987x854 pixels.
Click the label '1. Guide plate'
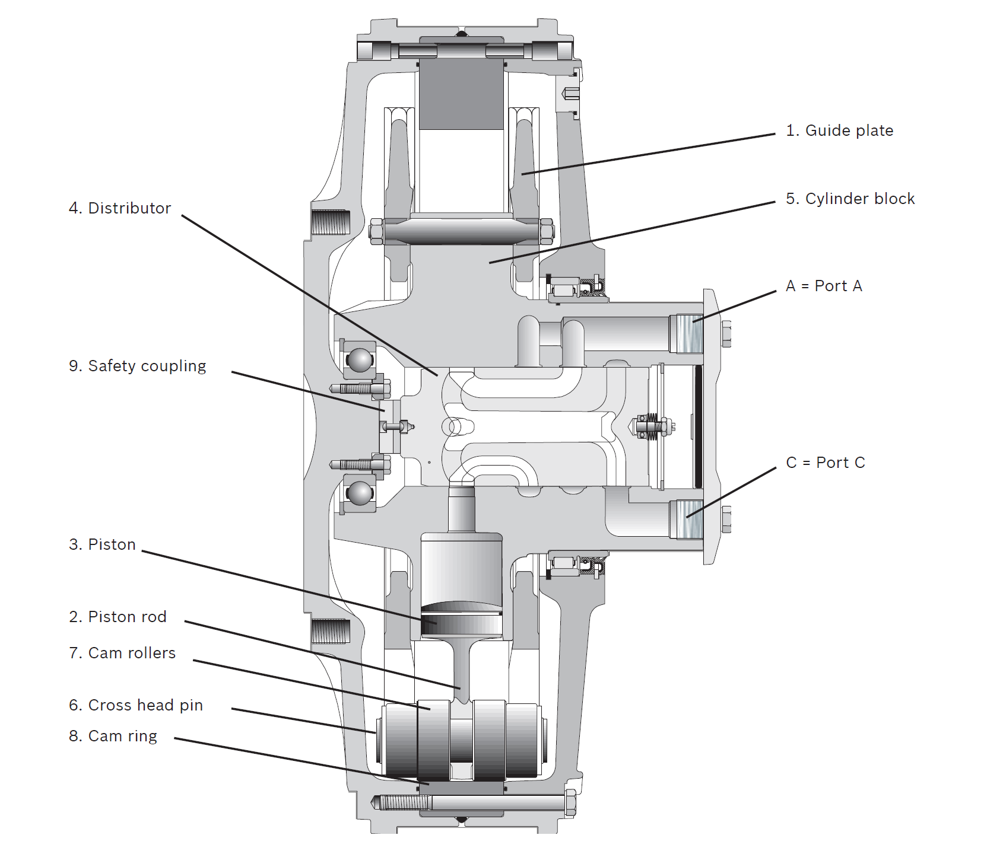(x=839, y=131)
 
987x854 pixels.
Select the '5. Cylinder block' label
(x=850, y=199)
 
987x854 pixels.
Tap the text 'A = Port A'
(x=824, y=286)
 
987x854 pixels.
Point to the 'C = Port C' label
(x=826, y=463)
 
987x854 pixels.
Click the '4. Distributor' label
(x=120, y=209)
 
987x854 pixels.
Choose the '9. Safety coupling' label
(x=138, y=367)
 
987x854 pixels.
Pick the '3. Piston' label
(x=103, y=545)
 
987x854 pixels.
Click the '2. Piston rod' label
(x=118, y=617)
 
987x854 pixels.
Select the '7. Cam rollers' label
(x=122, y=654)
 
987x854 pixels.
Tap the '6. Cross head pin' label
(x=136, y=706)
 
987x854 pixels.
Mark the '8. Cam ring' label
(x=113, y=737)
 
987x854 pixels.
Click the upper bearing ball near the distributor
(x=360, y=360)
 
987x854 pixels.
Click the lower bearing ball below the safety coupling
(x=360, y=493)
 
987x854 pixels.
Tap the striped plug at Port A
(x=688, y=333)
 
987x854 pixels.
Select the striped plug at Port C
(x=688, y=519)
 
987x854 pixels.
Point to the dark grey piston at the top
(x=461, y=95)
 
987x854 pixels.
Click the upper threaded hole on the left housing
(x=330, y=222)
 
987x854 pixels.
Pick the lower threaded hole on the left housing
(x=330, y=632)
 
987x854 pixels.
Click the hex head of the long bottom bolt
(x=571, y=803)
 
